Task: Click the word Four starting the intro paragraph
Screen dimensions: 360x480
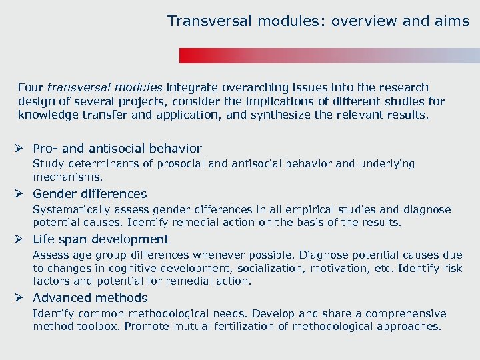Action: [31, 87]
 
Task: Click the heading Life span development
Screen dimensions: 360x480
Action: [101, 239]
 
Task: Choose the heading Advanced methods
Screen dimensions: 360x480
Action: [90, 298]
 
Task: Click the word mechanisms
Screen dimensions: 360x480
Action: [68, 178]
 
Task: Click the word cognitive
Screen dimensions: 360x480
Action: [128, 268]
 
